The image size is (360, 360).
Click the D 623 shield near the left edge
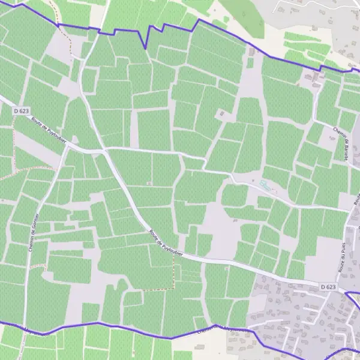point(21,110)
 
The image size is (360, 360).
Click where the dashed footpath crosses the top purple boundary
point(58,25)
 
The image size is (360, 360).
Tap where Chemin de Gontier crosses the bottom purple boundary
point(23,329)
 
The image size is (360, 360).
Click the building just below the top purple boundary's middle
point(223,113)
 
